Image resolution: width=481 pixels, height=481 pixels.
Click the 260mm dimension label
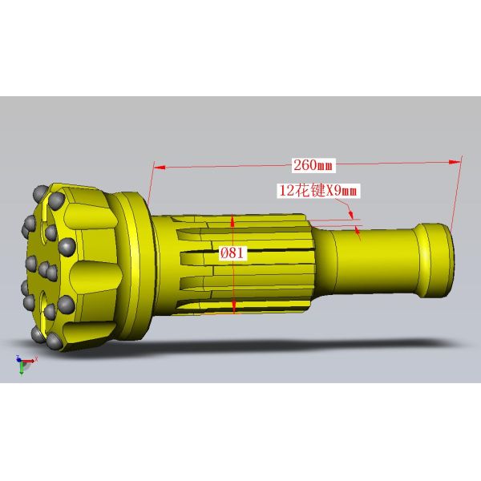click(313, 165)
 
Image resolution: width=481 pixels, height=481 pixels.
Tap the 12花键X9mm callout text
click(316, 190)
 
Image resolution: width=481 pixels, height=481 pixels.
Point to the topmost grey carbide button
click(40, 192)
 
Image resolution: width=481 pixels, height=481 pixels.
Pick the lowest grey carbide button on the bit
click(55, 342)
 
